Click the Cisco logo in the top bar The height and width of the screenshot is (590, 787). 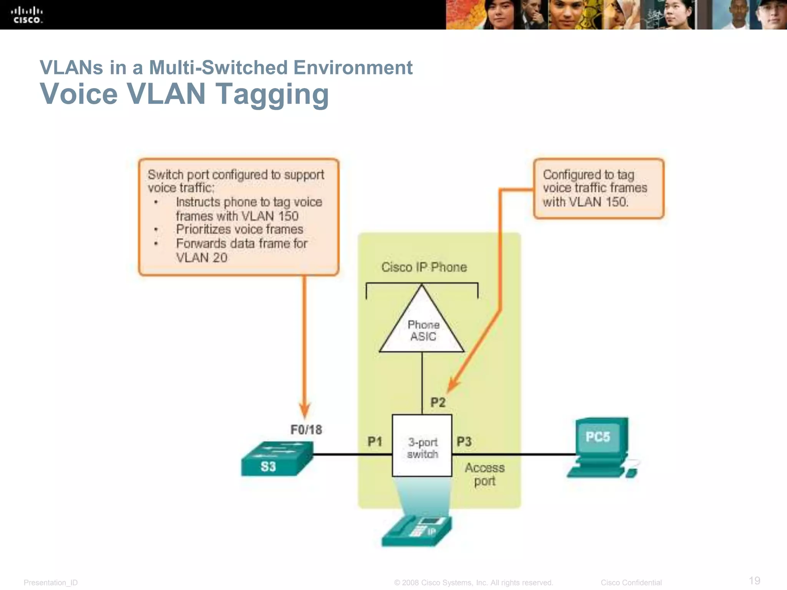(27, 15)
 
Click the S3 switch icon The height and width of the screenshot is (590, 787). (277, 459)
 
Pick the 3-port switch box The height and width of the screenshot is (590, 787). (422, 446)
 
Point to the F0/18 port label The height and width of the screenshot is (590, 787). (306, 429)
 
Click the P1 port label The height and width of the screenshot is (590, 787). (375, 441)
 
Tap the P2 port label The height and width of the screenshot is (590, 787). (438, 402)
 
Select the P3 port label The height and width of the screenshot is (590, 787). (464, 441)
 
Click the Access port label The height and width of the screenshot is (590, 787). (485, 474)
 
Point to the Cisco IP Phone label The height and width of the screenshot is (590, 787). (424, 267)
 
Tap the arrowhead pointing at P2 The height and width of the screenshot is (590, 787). (453, 384)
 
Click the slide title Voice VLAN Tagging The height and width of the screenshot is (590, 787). (184, 94)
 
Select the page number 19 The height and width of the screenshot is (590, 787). (754, 580)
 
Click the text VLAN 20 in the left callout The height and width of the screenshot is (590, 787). (201, 257)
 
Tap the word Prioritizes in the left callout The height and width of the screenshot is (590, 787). (201, 229)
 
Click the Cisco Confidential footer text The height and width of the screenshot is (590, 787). (631, 582)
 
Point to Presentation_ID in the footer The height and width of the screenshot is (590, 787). (51, 583)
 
